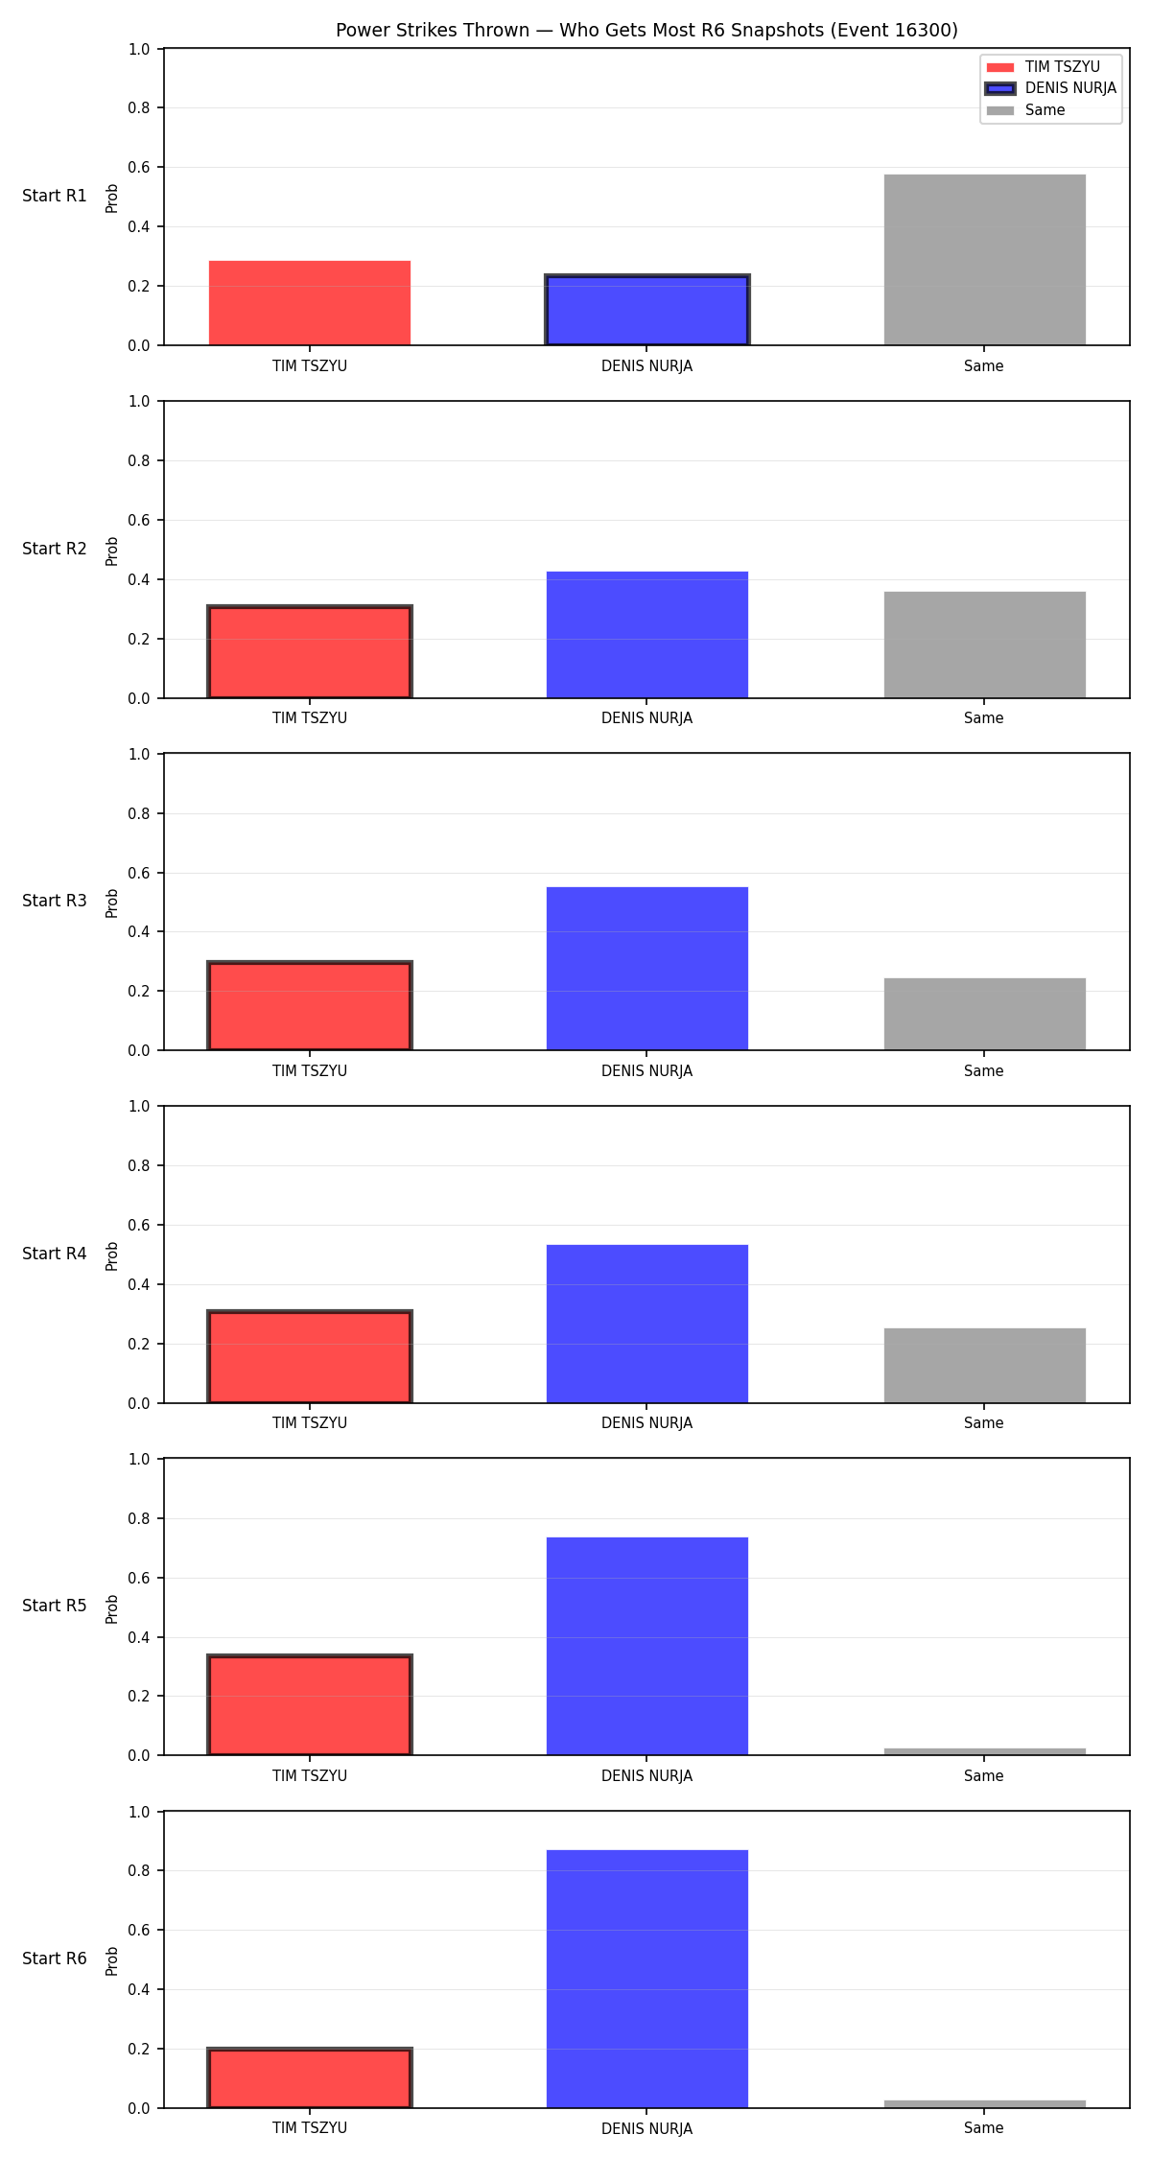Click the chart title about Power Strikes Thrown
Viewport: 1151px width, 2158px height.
(646, 30)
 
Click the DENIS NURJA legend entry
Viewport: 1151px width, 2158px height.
(1051, 88)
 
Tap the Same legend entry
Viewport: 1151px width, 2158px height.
(1025, 110)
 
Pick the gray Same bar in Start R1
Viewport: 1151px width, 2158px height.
(984, 260)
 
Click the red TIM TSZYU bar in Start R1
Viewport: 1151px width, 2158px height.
(310, 303)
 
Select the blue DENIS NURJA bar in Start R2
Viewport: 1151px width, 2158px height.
(646, 635)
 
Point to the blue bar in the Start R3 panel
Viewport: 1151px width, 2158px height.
(646, 969)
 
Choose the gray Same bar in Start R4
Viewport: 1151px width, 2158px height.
(984, 1366)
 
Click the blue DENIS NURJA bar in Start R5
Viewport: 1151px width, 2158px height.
(646, 1646)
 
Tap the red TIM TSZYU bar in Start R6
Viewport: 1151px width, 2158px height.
(310, 2078)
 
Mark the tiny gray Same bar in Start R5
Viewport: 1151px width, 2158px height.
(984, 1751)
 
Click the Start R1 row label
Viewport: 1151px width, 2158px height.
(55, 196)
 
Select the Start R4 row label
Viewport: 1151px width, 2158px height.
(55, 1254)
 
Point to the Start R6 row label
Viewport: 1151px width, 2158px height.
(55, 1959)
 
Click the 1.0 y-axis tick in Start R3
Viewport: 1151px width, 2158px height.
(139, 754)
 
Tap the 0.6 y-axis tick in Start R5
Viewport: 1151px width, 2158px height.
(139, 1578)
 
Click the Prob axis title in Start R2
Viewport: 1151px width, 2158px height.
(112, 551)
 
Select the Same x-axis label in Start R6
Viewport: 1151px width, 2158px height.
(984, 2127)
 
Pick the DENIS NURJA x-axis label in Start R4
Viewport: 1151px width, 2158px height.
(646, 1423)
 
